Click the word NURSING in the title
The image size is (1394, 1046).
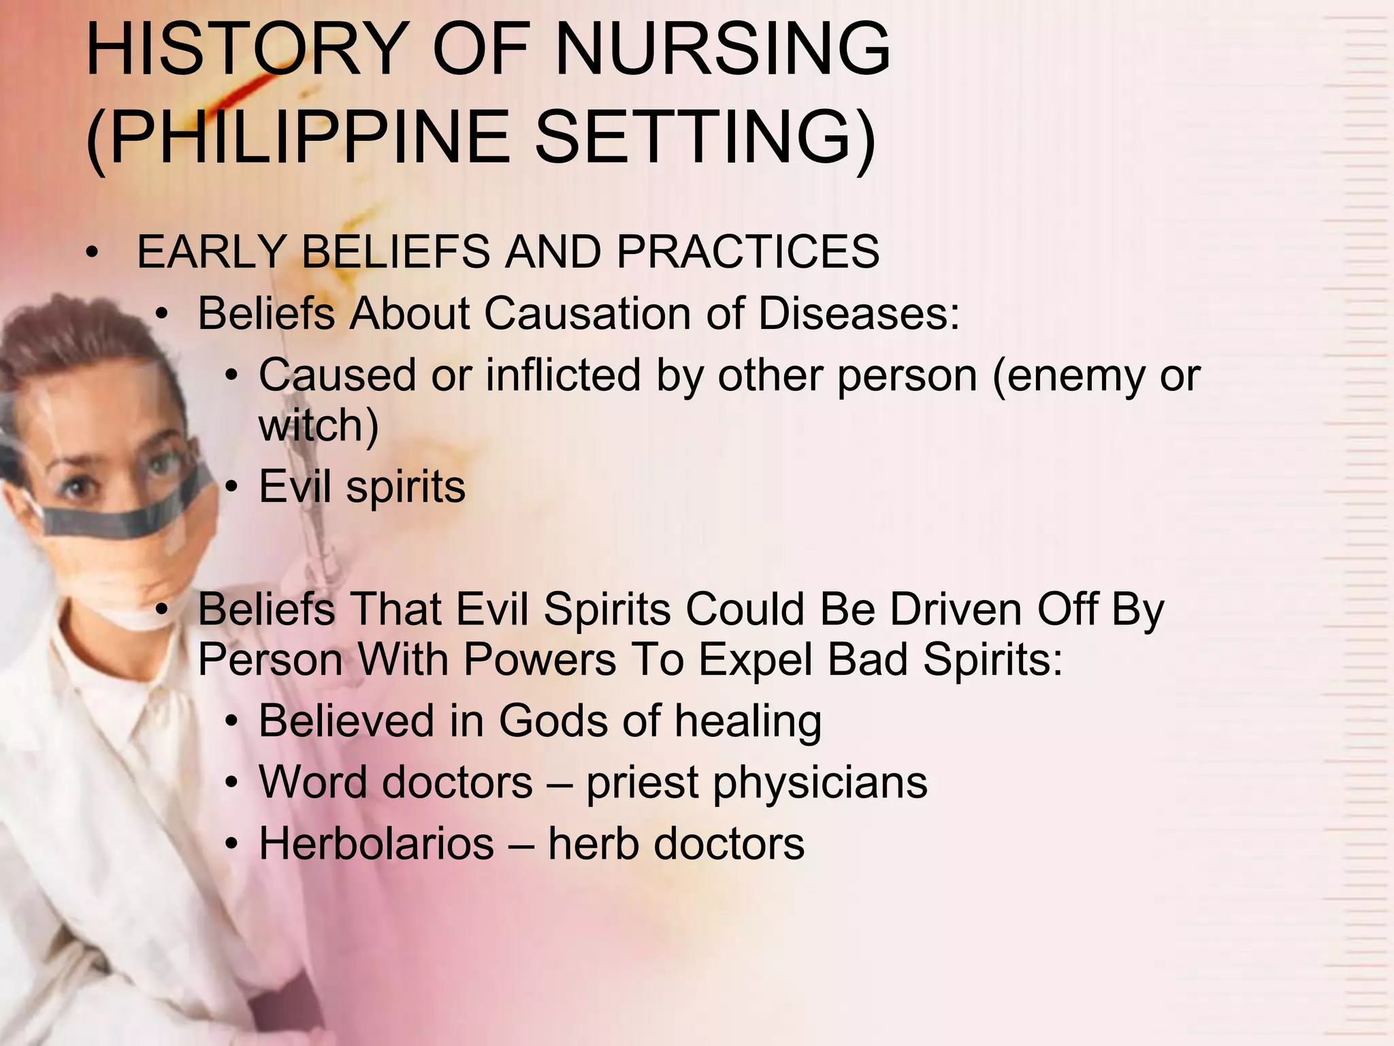[723, 49]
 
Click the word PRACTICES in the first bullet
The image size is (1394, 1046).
[747, 251]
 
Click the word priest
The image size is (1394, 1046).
[642, 782]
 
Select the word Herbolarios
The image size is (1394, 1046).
[376, 844]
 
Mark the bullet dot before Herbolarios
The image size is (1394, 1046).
[233, 845]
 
